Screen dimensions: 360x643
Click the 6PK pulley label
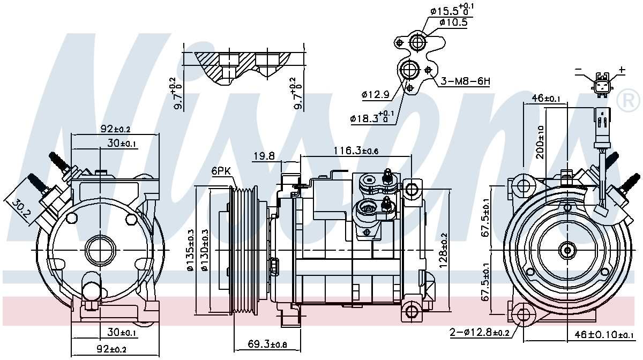(221, 171)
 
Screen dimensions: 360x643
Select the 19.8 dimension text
(264, 156)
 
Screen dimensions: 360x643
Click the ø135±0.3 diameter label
(190, 250)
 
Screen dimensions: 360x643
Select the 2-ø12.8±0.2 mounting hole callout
(480, 333)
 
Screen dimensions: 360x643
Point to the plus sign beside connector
(622, 70)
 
